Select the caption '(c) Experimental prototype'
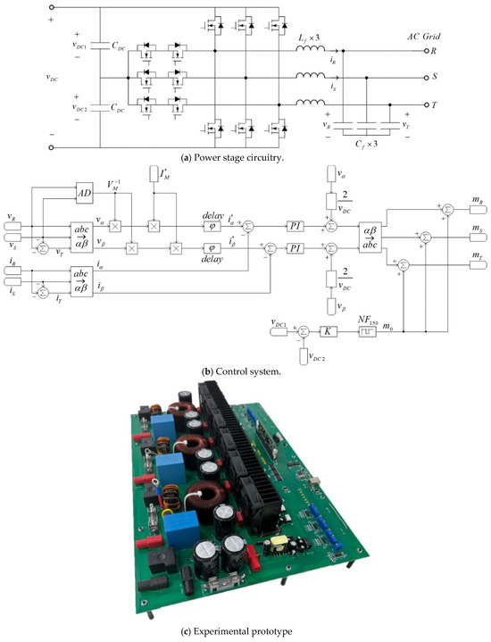click(x=245, y=632)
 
